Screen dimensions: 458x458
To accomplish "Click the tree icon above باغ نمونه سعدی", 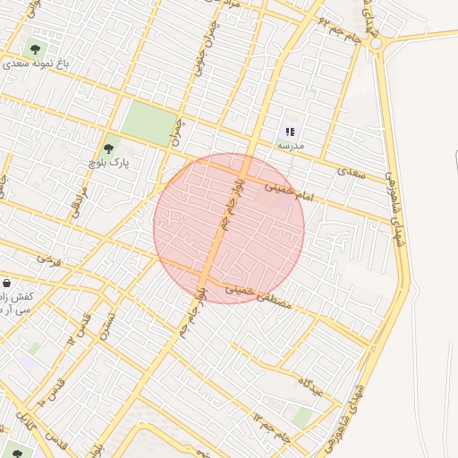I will pos(36,49).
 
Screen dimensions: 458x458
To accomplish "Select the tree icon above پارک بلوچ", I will pos(108,148).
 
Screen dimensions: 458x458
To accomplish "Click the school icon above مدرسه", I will pos(290,131).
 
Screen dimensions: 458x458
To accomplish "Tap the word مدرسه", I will pos(291,145).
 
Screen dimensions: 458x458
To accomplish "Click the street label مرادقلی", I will pos(80,201).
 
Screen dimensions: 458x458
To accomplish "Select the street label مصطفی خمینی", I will pos(258,297).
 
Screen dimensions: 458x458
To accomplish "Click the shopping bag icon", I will pos(6,282).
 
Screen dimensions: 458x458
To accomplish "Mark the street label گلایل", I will pos(29,428).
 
